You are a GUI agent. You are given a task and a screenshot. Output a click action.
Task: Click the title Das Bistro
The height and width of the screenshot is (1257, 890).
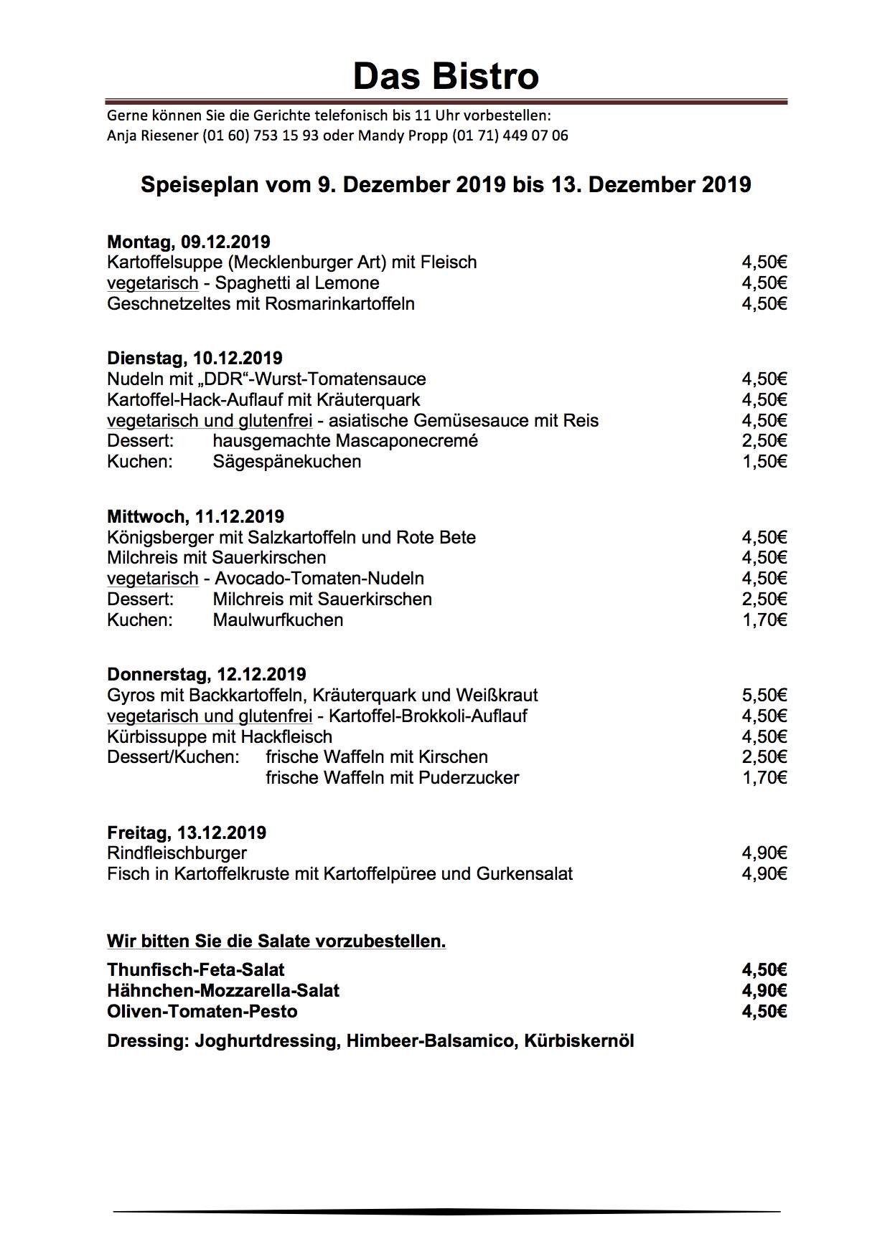tap(445, 76)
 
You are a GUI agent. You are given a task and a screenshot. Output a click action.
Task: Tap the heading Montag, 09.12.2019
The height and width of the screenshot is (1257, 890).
tap(188, 242)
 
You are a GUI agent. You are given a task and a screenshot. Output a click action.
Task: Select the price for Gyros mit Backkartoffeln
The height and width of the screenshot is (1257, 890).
tap(764, 695)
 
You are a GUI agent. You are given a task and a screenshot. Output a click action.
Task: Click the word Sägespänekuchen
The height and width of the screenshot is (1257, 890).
tap(287, 462)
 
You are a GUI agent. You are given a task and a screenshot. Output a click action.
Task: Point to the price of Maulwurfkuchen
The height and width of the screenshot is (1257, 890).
tap(764, 620)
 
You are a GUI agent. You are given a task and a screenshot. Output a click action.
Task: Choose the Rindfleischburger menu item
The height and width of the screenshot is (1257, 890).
tap(177, 853)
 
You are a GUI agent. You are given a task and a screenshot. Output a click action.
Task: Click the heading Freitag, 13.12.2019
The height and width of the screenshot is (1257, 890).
tap(187, 833)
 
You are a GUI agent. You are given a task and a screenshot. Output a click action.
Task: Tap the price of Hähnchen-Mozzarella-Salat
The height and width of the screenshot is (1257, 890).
tap(764, 991)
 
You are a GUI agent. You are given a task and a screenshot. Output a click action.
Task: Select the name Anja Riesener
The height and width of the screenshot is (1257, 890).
tap(152, 136)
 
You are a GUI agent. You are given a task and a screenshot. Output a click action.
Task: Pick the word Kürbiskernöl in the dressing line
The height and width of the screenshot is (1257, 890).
tap(579, 1041)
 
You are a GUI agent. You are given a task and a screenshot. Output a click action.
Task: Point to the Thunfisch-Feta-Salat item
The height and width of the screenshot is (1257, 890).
tap(196, 970)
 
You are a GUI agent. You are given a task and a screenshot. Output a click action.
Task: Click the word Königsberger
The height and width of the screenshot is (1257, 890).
tap(157, 538)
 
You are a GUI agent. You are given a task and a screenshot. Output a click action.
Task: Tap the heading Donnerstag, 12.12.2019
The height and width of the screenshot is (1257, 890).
tap(207, 675)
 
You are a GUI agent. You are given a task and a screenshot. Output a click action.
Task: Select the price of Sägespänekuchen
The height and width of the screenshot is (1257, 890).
tap(764, 462)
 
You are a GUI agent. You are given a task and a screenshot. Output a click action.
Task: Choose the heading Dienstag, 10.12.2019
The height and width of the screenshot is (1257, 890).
tap(195, 359)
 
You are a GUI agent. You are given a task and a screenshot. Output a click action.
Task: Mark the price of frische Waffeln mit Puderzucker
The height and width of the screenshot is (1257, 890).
tap(764, 778)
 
